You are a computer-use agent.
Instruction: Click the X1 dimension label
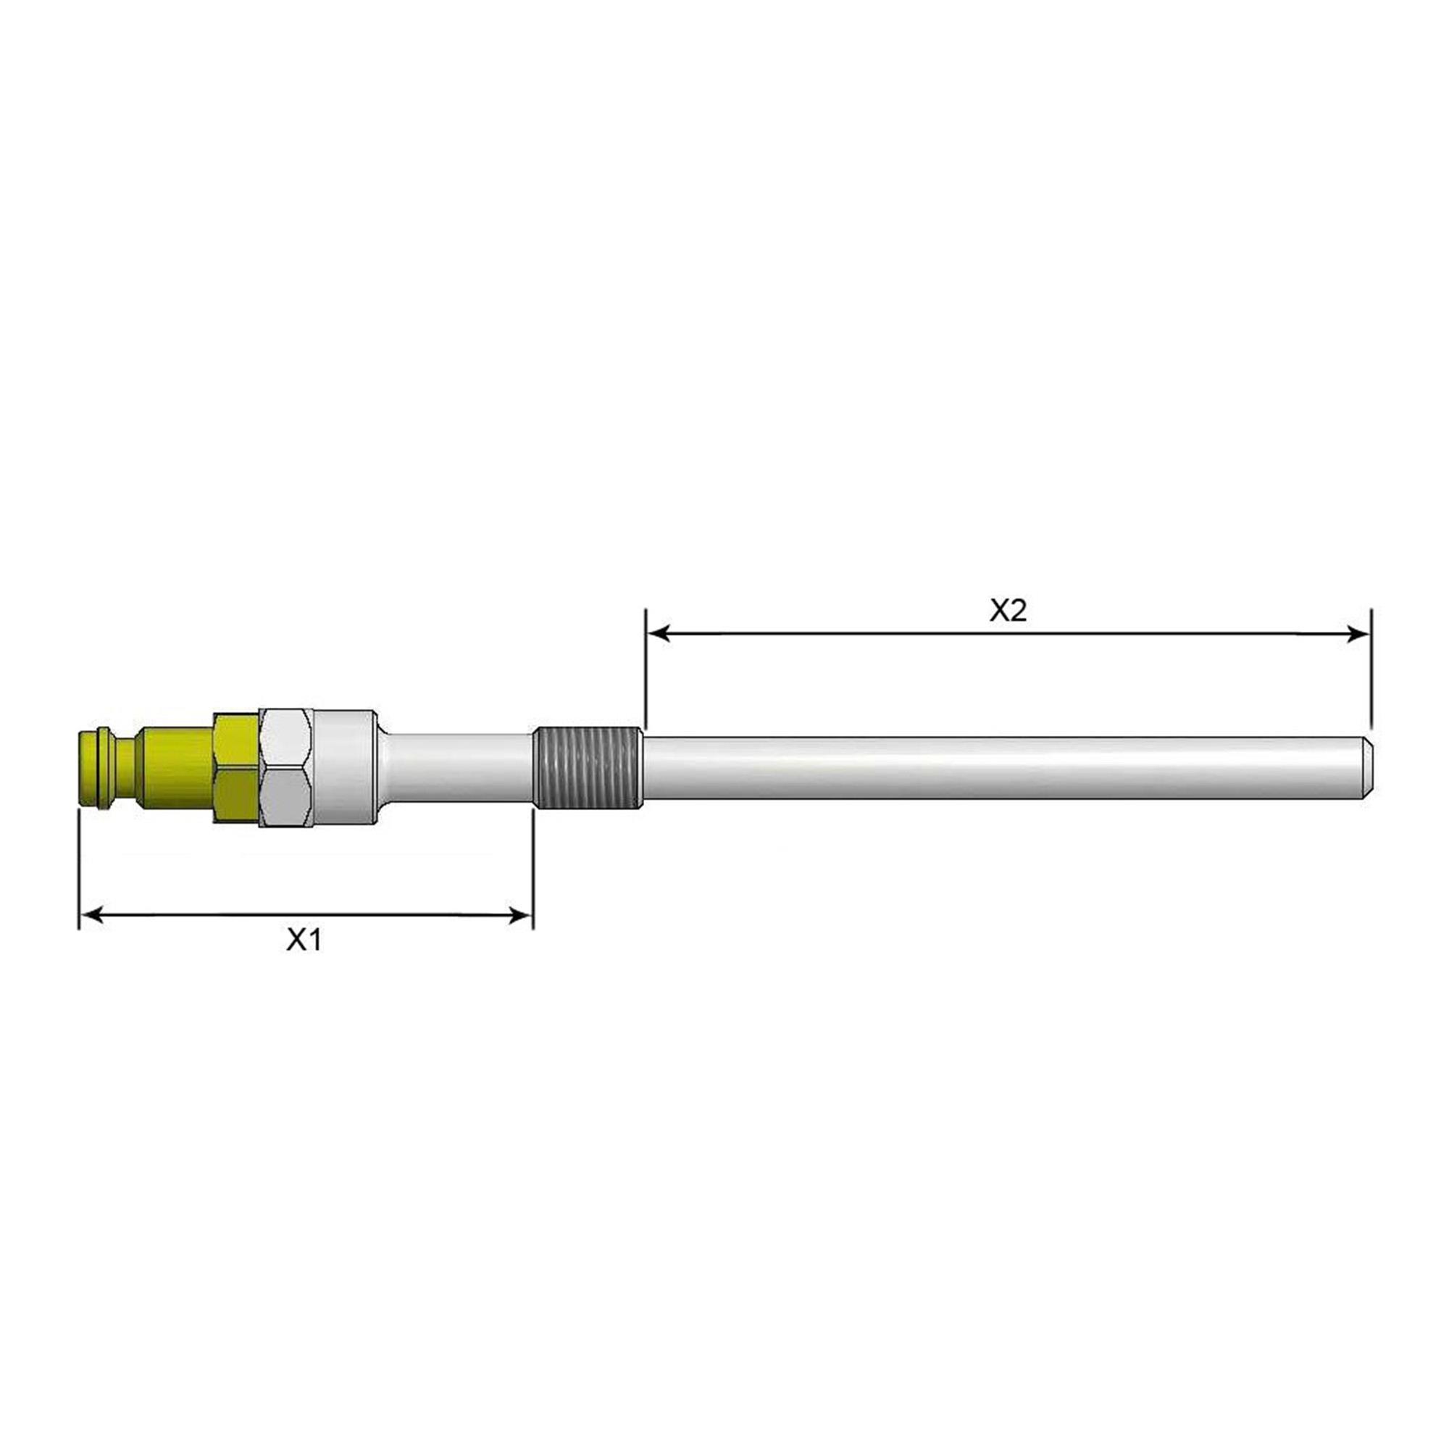point(304,940)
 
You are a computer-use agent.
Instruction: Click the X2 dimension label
point(1008,611)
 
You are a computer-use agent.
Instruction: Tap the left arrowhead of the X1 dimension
point(91,914)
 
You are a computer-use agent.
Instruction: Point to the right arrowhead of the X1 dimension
point(521,914)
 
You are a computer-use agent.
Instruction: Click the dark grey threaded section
point(588,768)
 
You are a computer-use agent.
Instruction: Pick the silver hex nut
point(285,768)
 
